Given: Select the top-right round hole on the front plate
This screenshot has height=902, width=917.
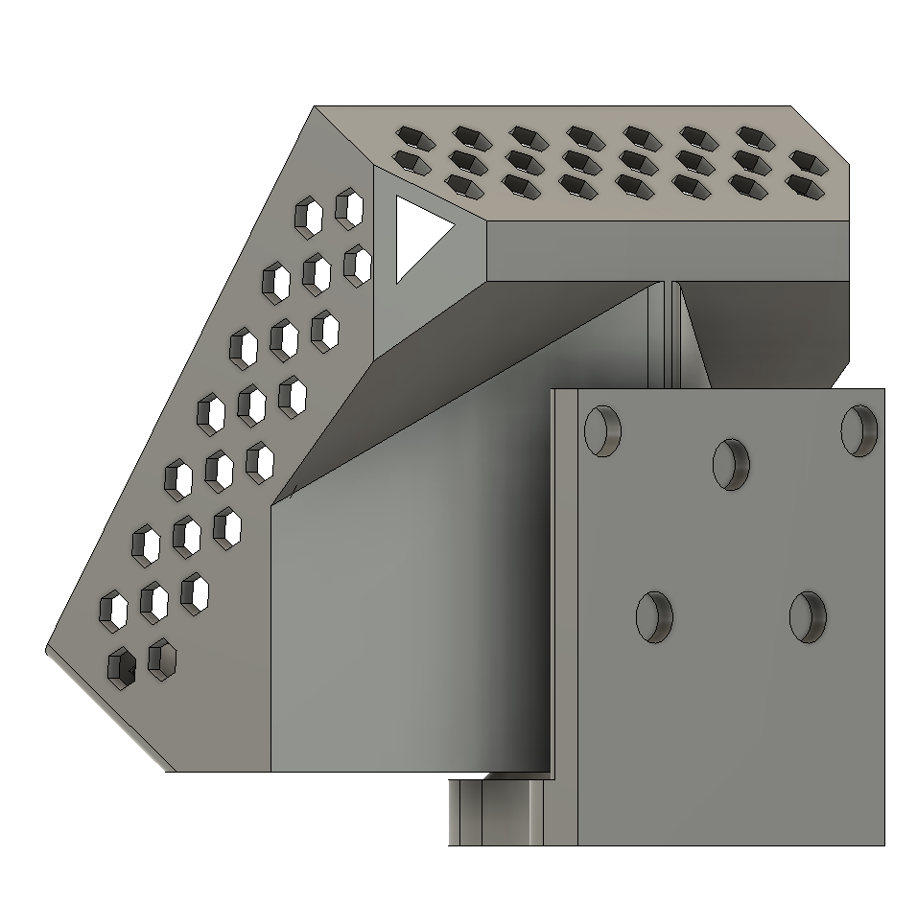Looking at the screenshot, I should [x=859, y=430].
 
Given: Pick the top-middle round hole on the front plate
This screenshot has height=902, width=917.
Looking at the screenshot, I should [x=731, y=464].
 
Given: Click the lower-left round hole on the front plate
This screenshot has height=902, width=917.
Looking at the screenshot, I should [x=655, y=615].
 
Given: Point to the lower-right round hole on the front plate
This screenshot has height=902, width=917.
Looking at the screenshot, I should [x=808, y=615].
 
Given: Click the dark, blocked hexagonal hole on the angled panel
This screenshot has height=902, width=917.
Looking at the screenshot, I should [x=121, y=667].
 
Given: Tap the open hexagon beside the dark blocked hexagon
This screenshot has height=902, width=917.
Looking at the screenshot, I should [x=162, y=659].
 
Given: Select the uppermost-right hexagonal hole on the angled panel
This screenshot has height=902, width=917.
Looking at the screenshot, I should [x=350, y=208].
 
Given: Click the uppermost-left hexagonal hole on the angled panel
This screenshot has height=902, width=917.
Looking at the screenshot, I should [x=309, y=217].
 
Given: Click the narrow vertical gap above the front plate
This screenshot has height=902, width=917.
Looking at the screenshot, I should [x=670, y=335].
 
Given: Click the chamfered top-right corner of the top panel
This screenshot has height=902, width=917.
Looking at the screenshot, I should [x=822, y=132].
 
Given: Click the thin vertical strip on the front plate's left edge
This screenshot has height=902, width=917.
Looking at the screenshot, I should [x=565, y=613].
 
